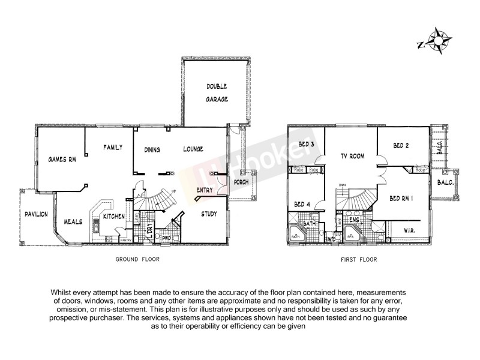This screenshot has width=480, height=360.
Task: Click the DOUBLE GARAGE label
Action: (217, 94)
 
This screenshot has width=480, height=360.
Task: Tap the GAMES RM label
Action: (62, 160)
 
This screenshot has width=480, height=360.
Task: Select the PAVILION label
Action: (36, 214)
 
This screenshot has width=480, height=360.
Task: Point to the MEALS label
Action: (73, 221)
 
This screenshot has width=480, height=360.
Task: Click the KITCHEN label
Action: (113, 216)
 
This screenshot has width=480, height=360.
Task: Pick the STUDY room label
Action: (209, 214)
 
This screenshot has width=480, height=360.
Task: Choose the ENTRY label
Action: (205, 190)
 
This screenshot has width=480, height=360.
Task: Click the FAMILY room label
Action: (113, 147)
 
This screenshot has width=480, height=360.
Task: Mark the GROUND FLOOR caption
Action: (137, 260)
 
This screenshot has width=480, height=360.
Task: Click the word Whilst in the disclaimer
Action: (65, 292)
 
